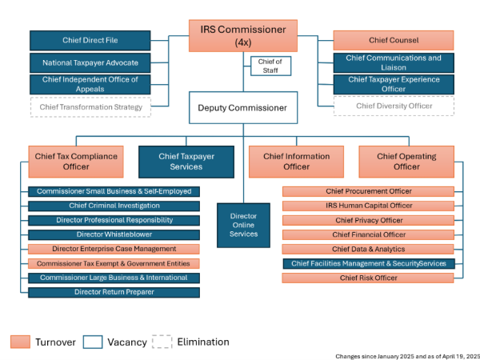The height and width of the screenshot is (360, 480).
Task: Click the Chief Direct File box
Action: (x=90, y=40)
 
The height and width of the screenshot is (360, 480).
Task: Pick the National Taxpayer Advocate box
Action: (x=90, y=62)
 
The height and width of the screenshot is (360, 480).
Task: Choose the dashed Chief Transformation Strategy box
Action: (x=90, y=106)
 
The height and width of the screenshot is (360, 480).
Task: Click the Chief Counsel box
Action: (x=393, y=40)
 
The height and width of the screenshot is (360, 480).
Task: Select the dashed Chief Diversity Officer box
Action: (x=393, y=106)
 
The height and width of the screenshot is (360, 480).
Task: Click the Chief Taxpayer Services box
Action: (x=186, y=162)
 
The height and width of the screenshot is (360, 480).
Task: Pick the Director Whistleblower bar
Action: (x=114, y=234)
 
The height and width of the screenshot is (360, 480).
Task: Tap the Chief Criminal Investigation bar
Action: (x=114, y=206)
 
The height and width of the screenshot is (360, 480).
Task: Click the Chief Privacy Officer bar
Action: (x=368, y=220)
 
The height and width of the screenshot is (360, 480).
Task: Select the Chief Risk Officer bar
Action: (x=368, y=278)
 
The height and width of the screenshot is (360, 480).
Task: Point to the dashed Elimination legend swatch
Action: (x=162, y=342)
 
